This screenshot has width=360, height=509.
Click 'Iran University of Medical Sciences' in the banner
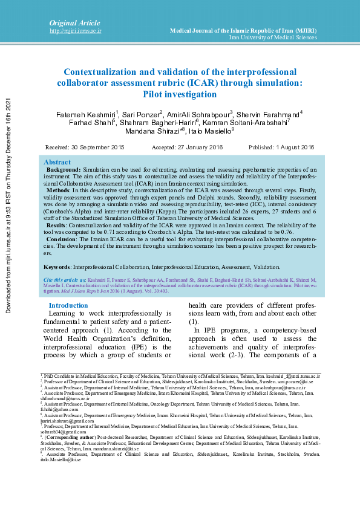(273, 37)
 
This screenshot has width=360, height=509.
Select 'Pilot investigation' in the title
(180, 94)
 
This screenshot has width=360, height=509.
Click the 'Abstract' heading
(57, 163)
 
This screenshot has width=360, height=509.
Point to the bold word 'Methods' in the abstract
(58, 190)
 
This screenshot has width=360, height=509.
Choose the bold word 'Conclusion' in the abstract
(62, 239)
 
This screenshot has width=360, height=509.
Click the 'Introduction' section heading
(68, 305)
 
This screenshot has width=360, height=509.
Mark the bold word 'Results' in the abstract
(57, 224)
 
